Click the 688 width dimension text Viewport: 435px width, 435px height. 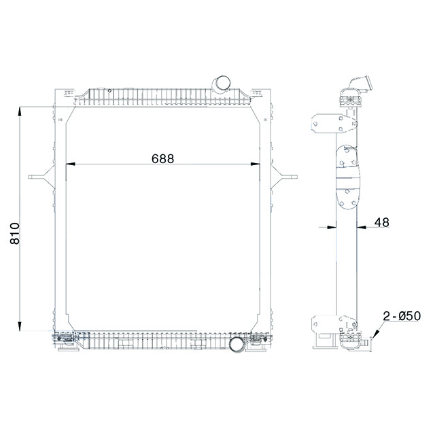coord(162,158)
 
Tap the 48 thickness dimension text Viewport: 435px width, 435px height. coord(381,222)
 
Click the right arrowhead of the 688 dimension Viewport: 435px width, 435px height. coord(256,164)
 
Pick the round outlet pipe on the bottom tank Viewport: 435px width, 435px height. coord(237,344)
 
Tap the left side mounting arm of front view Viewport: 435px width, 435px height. coord(41,177)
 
